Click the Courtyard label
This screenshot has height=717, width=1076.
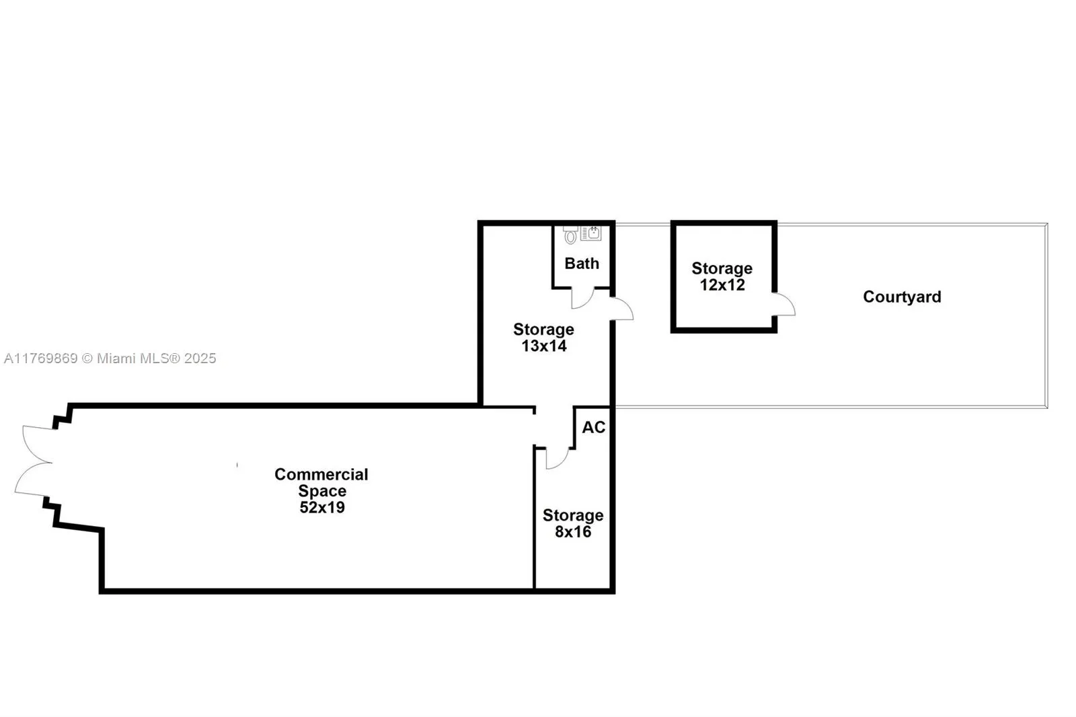coord(902,297)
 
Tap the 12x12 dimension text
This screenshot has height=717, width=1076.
coord(722,285)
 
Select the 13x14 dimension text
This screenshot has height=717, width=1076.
coord(544,346)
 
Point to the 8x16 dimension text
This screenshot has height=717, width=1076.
coord(573,532)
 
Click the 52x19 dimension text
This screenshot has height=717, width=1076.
coord(322,508)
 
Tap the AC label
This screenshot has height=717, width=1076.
coord(593,427)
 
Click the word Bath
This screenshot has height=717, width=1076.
coord(582,264)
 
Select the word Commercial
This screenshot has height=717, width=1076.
coord(321,474)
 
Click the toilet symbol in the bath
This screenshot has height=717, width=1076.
coord(570,235)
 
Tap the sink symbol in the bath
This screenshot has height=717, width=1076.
coord(591,233)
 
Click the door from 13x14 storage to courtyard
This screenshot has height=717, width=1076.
coord(623,309)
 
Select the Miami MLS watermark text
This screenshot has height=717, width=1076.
coord(110,358)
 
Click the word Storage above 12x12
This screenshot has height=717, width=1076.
coord(722,268)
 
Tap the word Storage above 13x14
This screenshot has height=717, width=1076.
coord(543,330)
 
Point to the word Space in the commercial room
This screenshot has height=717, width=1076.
coord(322,491)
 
